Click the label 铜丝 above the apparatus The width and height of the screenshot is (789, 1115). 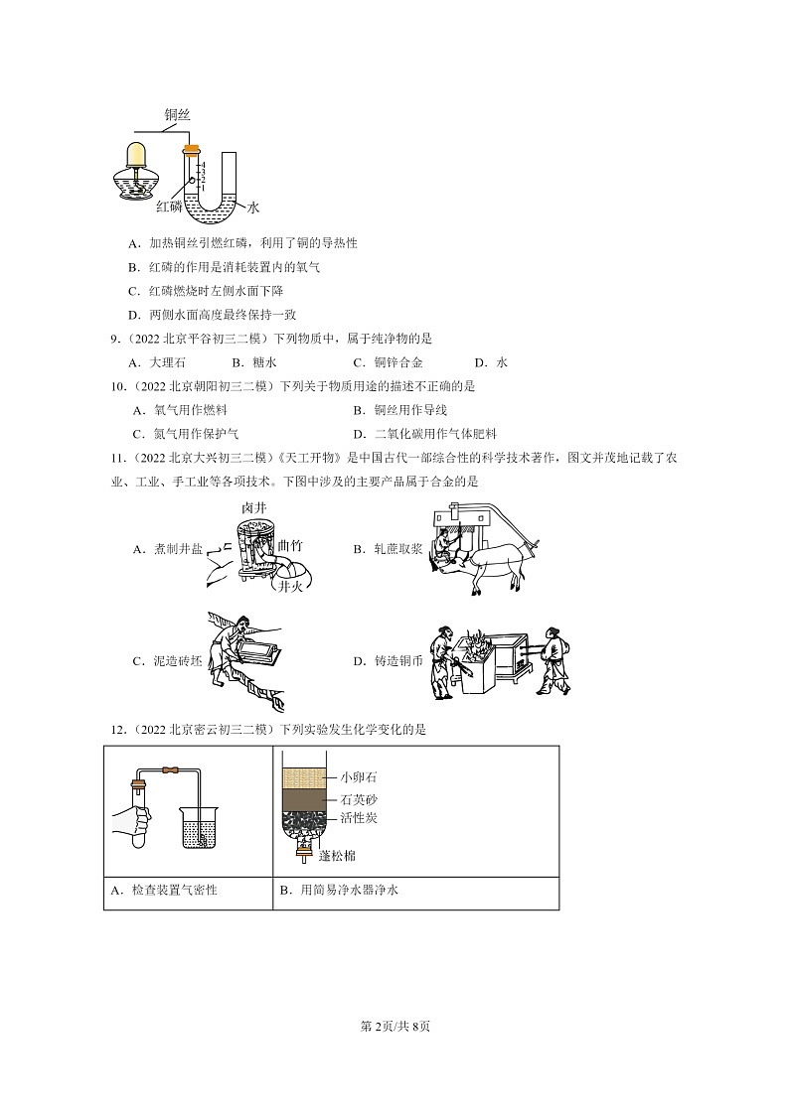click(177, 116)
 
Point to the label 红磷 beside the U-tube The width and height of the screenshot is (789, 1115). click(169, 207)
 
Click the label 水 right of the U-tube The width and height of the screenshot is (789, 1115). click(252, 208)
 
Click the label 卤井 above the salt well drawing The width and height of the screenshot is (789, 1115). click(254, 507)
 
